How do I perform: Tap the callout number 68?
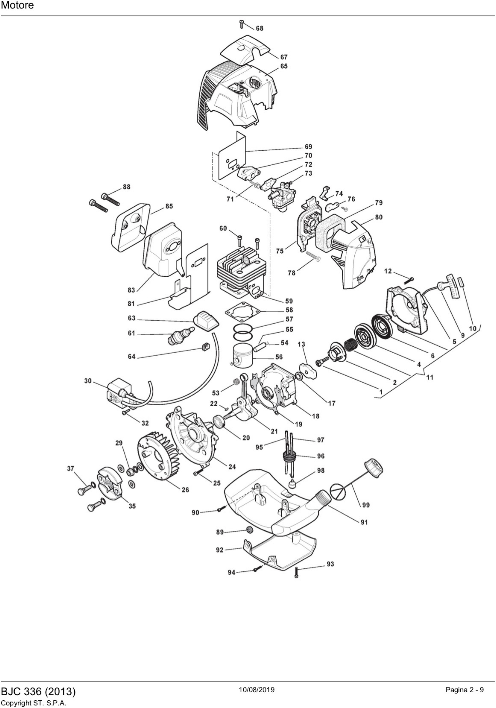point(260,28)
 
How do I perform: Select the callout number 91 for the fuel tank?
point(364,522)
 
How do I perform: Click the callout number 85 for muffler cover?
point(169,206)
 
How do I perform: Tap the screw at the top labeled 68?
point(242,24)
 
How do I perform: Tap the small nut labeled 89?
point(249,530)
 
